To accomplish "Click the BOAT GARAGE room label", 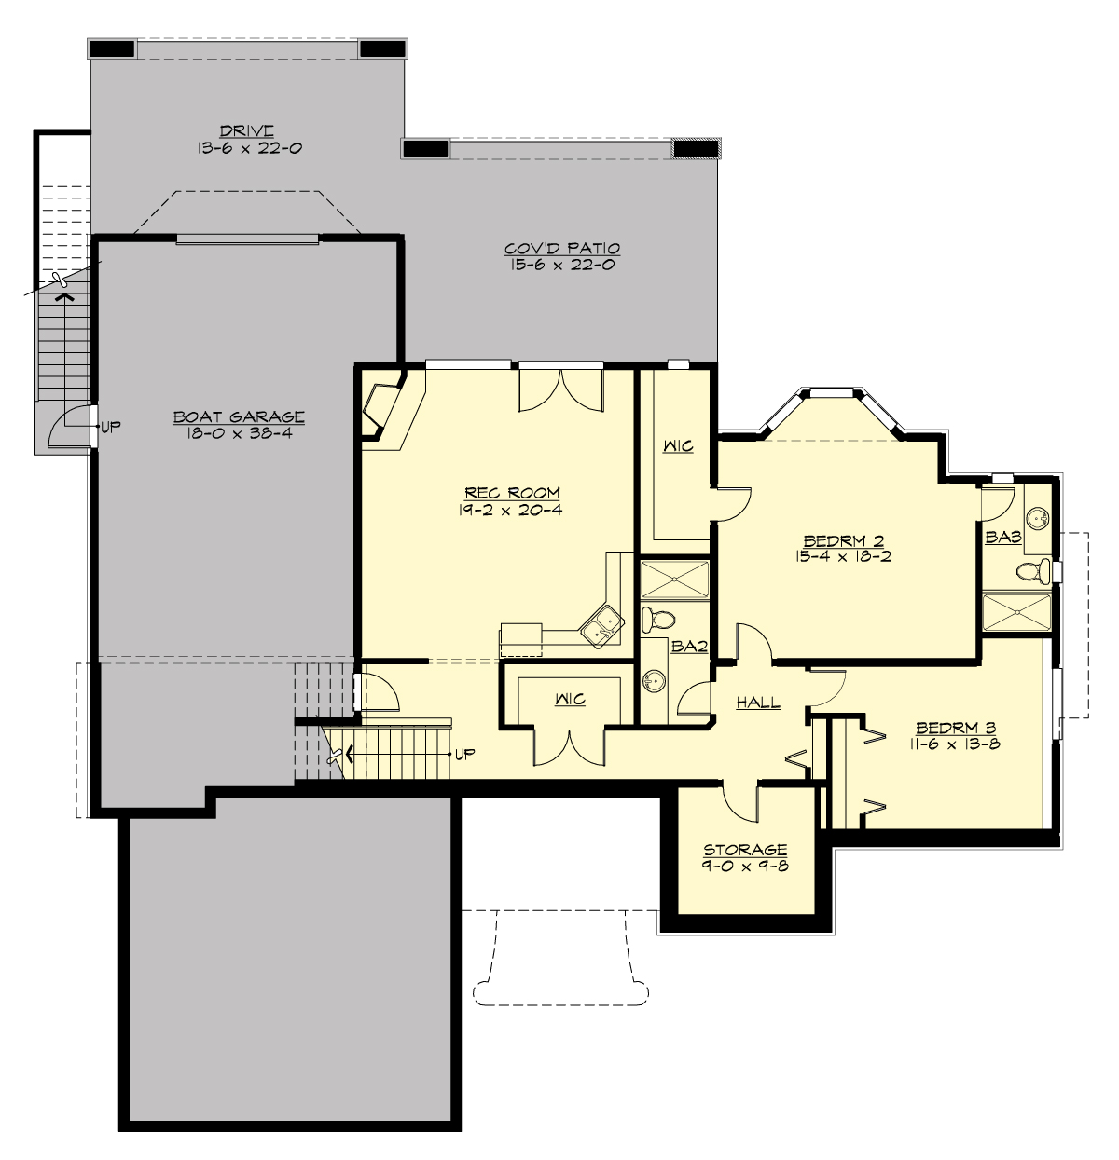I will pyautogui.click(x=239, y=417).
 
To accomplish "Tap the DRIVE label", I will pyautogui.click(x=247, y=131).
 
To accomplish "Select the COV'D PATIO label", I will pyautogui.click(x=562, y=249).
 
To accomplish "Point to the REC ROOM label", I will pyautogui.click(x=514, y=493).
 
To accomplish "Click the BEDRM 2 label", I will pyautogui.click(x=844, y=540).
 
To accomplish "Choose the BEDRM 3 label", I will pyautogui.click(x=958, y=728).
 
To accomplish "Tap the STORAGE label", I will pyautogui.click(x=745, y=850).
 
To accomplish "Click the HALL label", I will pyautogui.click(x=758, y=703).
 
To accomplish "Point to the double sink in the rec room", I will pyautogui.click(x=598, y=623).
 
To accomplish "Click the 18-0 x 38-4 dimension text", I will pyautogui.click(x=239, y=434).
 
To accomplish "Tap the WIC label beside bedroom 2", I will pyautogui.click(x=678, y=447).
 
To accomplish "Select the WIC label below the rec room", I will pyautogui.click(x=570, y=700).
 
